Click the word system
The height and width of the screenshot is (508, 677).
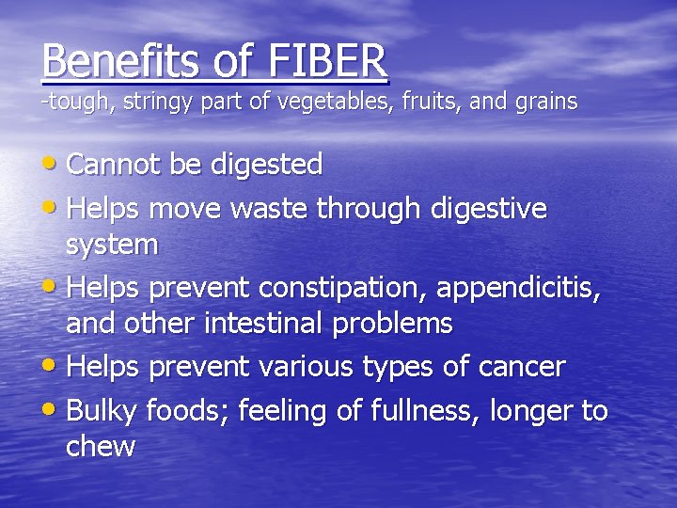pyautogui.click(x=112, y=246)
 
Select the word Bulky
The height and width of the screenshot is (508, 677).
pyautogui.click(x=106, y=411)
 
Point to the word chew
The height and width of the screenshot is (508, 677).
pyautogui.click(x=100, y=447)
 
